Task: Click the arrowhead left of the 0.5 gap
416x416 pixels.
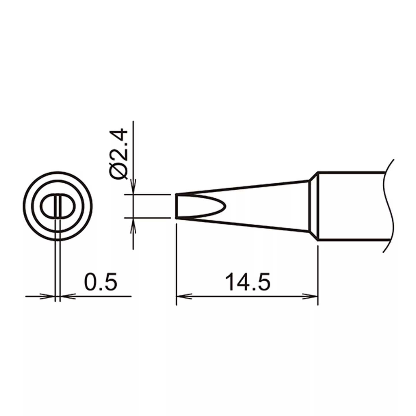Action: [47, 296]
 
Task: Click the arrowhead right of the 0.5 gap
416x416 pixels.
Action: [68, 296]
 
